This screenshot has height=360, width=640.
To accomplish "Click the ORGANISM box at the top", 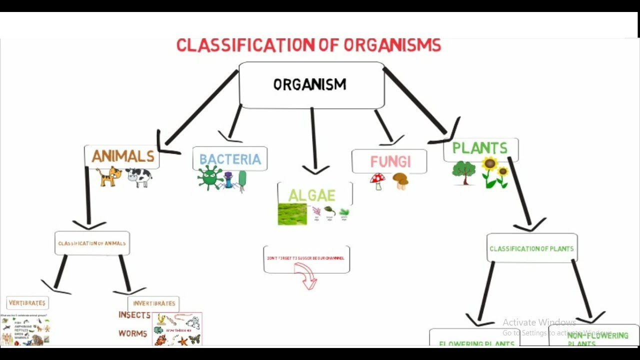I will [310, 84].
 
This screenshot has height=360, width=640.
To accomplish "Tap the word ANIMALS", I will [123, 156].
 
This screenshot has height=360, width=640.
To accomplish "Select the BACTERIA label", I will [230, 159].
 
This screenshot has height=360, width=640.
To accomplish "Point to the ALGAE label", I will [312, 195].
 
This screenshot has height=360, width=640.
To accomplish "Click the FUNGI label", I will [390, 161].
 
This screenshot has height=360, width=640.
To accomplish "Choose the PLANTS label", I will [479, 148].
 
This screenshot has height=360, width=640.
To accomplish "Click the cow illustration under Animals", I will [138, 176].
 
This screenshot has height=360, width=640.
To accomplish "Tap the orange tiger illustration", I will [109, 176].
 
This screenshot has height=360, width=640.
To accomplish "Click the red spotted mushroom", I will [377, 180].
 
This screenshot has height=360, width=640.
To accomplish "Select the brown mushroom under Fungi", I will [400, 180].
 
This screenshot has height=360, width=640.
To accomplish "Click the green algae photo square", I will [292, 214].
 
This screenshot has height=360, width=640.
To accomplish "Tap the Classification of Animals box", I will [92, 243].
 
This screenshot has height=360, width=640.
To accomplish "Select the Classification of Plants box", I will [531, 248].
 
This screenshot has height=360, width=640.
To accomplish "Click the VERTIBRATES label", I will [27, 303].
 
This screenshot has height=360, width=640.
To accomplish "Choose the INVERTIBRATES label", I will [154, 303].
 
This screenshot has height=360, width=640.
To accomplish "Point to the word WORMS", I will [133, 333].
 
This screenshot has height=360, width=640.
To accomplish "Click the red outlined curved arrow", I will [306, 276].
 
